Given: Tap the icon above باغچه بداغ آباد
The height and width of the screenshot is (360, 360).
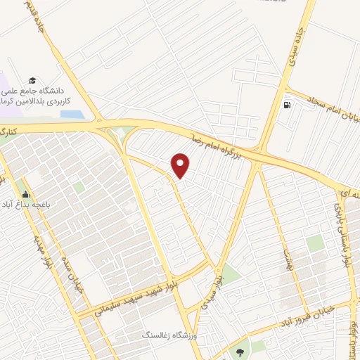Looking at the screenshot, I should click(25, 194).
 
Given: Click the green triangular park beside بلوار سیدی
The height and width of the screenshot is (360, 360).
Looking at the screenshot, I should click(229, 274).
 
